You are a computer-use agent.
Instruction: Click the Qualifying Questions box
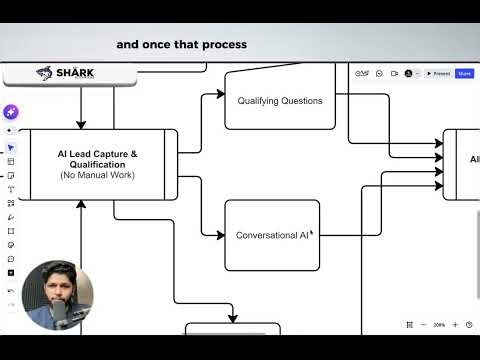coord(279,101)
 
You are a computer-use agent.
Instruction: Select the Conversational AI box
coord(272,235)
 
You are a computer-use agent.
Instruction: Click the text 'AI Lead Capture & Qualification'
coord(97,159)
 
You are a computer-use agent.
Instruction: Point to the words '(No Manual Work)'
coord(97,175)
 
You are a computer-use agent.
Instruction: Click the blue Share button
coord(464,73)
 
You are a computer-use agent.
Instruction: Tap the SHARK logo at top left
coord(57,73)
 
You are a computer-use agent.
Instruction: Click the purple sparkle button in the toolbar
coord(11,112)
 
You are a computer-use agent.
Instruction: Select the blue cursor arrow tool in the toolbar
coord(11,148)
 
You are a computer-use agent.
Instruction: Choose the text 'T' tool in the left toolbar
coord(11,189)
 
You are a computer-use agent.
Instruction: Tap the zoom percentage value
coord(439,325)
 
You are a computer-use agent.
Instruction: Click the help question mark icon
coord(469,325)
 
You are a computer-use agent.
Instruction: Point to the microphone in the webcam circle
coord(60,315)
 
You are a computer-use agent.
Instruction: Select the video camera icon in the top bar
coord(394,73)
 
